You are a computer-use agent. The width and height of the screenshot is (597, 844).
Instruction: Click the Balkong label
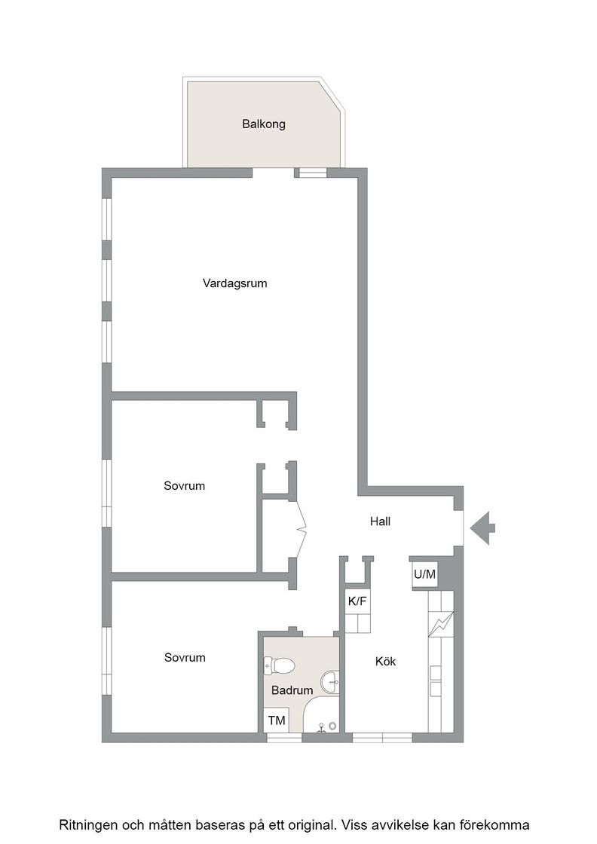(264, 124)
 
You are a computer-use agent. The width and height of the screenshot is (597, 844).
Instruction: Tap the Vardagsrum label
(234, 283)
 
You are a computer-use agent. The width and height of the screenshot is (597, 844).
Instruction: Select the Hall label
(380, 521)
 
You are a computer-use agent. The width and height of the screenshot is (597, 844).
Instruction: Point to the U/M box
(424, 574)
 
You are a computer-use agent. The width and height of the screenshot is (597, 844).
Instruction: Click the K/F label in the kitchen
(357, 601)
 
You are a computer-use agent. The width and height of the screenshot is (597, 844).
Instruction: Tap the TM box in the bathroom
(277, 720)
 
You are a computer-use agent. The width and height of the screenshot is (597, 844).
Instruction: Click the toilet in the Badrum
(279, 666)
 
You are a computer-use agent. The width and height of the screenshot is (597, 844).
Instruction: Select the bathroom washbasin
(330, 683)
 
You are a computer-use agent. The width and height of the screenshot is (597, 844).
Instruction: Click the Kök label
(385, 661)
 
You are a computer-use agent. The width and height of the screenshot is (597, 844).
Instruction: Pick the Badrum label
(292, 690)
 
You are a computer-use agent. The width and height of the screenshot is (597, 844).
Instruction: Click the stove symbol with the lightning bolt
(441, 624)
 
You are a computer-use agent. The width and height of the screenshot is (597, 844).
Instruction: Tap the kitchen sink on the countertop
(435, 681)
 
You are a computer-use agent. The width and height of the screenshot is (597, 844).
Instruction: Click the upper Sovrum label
(184, 485)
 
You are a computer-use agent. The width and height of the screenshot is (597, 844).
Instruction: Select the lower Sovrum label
(185, 657)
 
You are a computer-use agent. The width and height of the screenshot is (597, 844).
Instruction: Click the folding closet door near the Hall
(301, 531)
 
